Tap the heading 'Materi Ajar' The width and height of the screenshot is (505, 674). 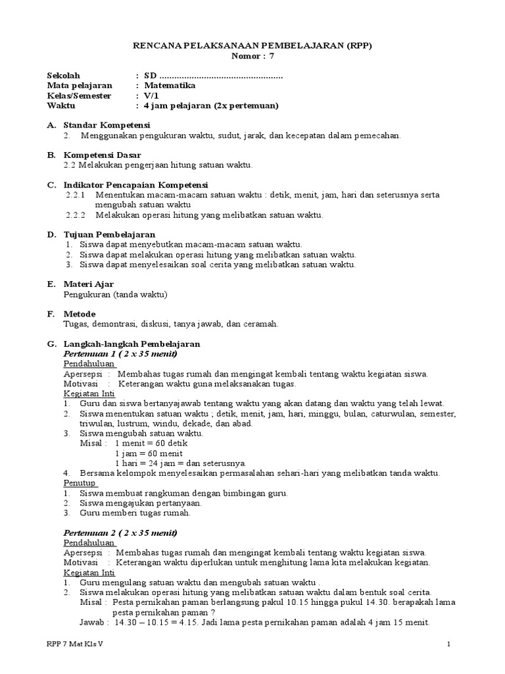89,284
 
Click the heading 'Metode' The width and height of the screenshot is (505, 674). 80,313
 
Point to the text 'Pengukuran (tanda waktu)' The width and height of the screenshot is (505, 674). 116,294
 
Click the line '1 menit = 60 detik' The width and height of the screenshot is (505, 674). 142,443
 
